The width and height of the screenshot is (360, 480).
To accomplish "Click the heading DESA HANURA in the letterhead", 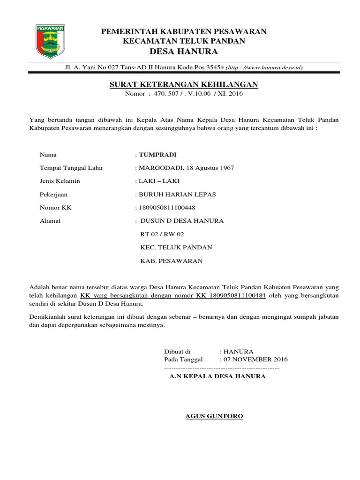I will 184,51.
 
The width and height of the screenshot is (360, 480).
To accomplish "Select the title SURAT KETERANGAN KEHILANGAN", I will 181,84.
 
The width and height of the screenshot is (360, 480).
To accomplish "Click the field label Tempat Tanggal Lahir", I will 71,167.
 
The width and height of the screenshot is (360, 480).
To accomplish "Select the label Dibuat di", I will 178,351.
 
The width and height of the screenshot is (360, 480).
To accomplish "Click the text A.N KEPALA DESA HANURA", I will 217,376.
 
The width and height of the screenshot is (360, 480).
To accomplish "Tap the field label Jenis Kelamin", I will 60,180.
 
